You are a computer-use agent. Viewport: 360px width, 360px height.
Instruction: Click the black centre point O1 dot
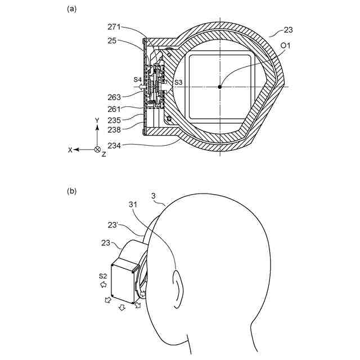pos(220,86)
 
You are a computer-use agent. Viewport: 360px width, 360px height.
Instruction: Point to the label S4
pos(138,80)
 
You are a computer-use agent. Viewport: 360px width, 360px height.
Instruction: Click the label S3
pos(178,83)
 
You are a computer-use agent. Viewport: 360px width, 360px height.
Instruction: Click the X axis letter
pos(70,150)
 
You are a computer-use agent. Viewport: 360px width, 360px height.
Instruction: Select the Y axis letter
pos(97,121)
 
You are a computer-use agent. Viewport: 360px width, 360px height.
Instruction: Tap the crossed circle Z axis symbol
pos(97,150)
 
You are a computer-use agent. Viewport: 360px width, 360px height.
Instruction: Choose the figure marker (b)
pos(71,191)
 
